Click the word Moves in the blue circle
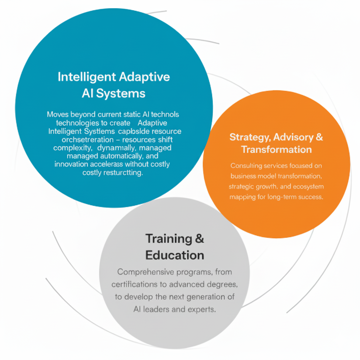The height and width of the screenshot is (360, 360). pyautogui.click(x=58, y=114)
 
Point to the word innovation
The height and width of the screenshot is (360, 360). pyautogui.click(x=71, y=164)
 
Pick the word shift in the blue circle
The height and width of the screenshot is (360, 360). pyautogui.click(x=165, y=140)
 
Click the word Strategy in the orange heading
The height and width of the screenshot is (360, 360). pyautogui.click(x=250, y=137)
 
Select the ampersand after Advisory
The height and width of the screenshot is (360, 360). pyautogui.click(x=319, y=137)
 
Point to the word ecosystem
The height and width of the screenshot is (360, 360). pyautogui.click(x=308, y=186)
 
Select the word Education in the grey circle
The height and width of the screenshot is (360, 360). pyautogui.click(x=175, y=255)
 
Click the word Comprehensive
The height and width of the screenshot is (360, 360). pyautogui.click(x=145, y=272)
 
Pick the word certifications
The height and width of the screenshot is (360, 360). pyautogui.click(x=134, y=284)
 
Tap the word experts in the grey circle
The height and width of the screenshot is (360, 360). pyautogui.click(x=202, y=310)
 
